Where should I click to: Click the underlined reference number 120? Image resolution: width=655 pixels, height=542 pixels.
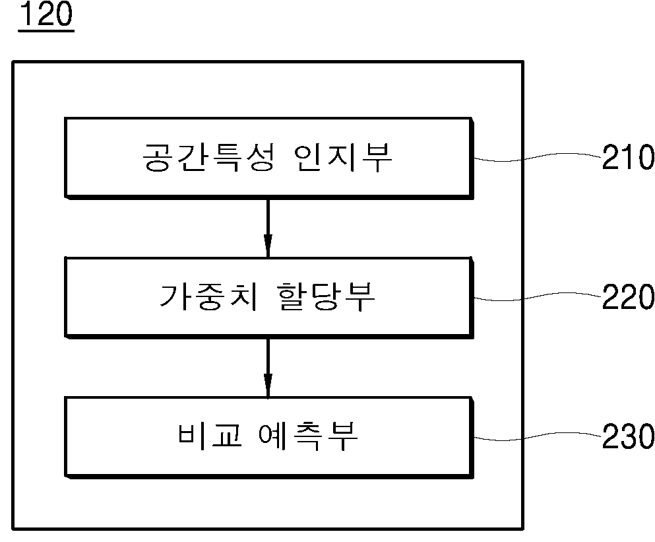(46, 15)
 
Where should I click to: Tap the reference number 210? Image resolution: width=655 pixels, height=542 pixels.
(628, 157)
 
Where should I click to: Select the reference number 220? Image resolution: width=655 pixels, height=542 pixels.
(628, 296)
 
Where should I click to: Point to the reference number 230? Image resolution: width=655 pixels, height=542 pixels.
(628, 436)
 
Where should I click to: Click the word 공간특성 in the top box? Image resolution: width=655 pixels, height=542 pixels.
(208, 157)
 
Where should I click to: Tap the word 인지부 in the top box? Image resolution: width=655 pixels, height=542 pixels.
(343, 157)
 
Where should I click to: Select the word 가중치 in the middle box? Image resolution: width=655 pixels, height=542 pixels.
(208, 296)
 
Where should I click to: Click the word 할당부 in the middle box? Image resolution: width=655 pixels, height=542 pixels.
(327, 296)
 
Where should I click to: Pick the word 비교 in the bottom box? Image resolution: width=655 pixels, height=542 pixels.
(210, 436)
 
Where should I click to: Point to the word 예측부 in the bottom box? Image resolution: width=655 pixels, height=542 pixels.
(309, 436)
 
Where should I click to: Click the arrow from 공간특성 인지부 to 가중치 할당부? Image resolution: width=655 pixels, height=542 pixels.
(268, 228)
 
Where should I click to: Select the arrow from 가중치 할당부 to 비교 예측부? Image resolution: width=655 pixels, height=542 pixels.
(268, 367)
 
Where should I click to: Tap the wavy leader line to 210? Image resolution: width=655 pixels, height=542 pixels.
(538, 157)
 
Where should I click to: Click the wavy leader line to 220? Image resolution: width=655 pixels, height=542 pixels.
(538, 296)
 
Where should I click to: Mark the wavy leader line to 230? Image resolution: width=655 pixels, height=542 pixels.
(538, 436)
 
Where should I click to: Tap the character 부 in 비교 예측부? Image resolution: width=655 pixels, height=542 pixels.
(343, 436)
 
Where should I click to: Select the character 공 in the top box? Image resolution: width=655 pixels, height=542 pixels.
(158, 157)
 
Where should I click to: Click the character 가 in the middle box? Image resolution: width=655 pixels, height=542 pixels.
(174, 296)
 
